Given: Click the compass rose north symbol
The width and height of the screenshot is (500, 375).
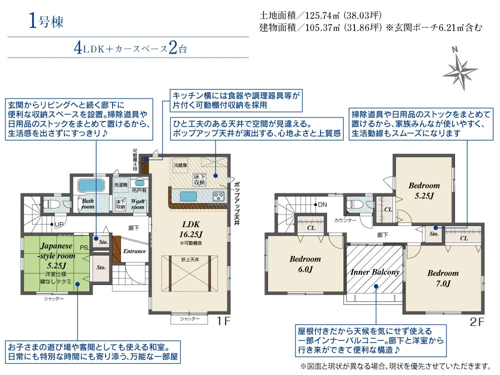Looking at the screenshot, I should click(459, 69).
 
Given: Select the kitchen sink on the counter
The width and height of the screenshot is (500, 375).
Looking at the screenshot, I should click(188, 195).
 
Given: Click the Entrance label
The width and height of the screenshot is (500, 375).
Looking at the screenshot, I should click(134, 251).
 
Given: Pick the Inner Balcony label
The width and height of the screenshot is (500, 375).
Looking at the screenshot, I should click(375, 272).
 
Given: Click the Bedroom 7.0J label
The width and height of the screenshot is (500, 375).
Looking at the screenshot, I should click(442, 278).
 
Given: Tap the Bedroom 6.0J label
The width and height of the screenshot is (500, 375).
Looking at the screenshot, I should click(305, 264).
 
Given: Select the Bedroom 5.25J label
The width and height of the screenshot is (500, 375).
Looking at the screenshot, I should click(424, 190).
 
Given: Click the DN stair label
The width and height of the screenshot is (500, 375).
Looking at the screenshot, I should click(322, 204).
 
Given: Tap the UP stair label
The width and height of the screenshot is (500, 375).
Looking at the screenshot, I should click(58, 224).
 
